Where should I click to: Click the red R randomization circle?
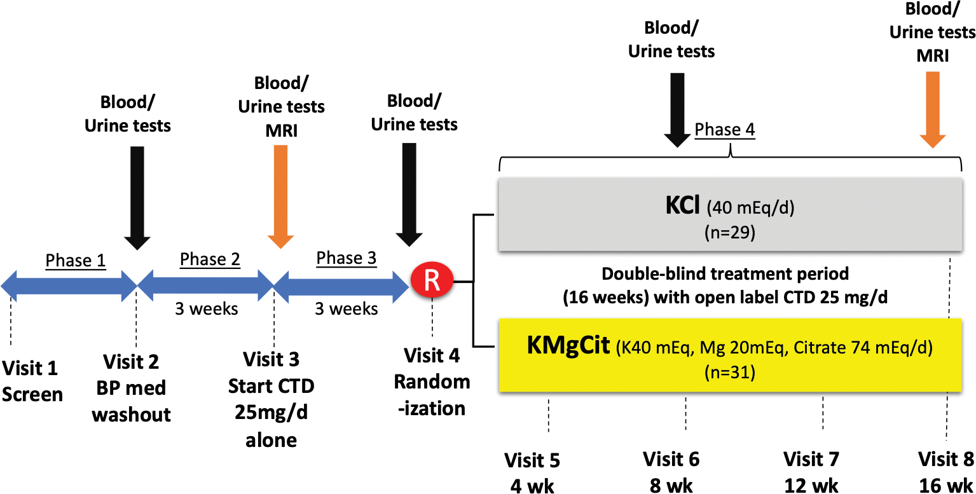click(x=432, y=281)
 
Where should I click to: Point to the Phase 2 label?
click(x=210, y=259)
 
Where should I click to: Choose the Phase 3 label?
click(x=347, y=258)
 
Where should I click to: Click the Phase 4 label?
click(x=725, y=130)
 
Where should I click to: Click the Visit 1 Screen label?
click(x=32, y=381)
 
